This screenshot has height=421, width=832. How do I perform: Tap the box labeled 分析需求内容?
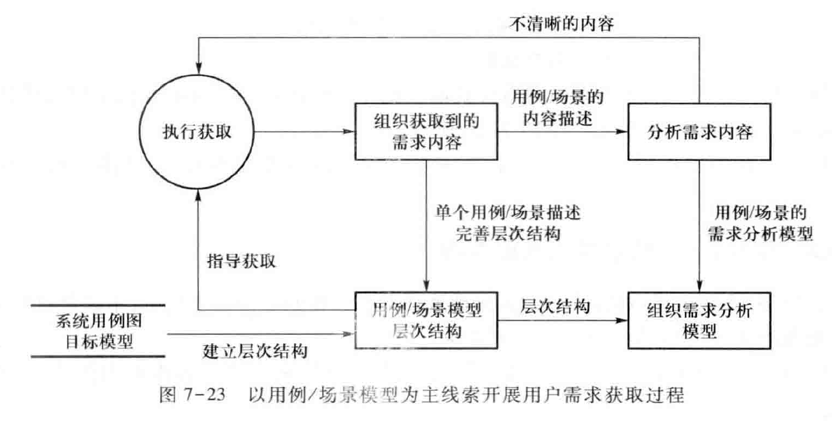(698, 132)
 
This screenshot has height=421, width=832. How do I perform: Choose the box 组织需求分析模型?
(698, 321)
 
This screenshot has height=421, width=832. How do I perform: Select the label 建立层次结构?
(254, 351)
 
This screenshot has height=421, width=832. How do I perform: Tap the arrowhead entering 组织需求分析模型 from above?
(699, 286)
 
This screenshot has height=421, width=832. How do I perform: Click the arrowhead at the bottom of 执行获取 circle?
(201, 196)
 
